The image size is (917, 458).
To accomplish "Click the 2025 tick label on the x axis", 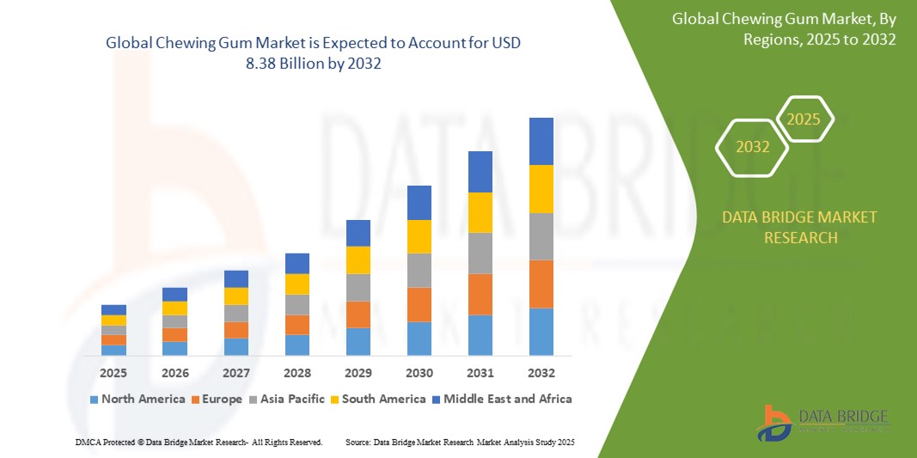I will (113, 373).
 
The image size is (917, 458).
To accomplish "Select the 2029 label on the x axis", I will (358, 373).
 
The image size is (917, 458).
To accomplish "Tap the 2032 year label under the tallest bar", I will (541, 373).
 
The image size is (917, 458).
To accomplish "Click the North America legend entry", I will (137, 399).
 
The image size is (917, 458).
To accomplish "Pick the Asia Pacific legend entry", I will (287, 399).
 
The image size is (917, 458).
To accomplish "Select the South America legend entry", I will (377, 399).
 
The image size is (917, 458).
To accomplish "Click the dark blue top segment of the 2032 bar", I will (541, 141).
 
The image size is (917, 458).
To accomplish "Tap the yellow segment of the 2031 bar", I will (480, 212).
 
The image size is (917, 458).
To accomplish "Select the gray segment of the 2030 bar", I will (419, 270).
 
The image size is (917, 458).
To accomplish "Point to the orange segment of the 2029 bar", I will (358, 314).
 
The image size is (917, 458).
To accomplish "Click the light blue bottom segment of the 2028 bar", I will (296, 345).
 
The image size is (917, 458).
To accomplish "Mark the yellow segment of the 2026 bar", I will (174, 308).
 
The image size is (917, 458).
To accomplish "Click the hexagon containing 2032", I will (753, 147).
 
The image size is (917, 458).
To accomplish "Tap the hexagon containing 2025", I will (804, 119).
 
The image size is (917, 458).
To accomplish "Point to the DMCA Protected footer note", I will (199, 442).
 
